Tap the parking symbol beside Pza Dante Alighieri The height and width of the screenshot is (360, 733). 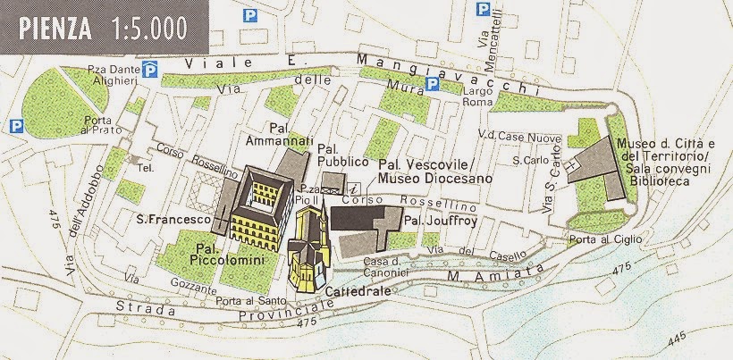(153, 69)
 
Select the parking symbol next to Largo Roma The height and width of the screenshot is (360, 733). (433, 84)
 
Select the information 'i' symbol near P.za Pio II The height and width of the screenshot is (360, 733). (354, 188)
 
